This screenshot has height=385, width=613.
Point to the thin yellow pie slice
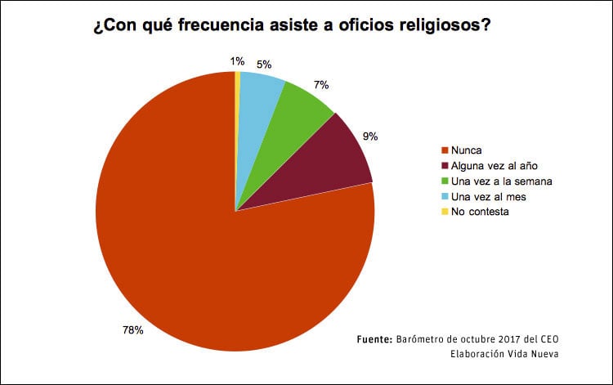[238, 98]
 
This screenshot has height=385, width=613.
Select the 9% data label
[370, 137]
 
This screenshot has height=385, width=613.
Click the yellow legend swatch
[445, 212]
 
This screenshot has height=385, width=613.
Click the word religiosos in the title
[438, 25]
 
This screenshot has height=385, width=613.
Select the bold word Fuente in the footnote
[375, 339]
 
